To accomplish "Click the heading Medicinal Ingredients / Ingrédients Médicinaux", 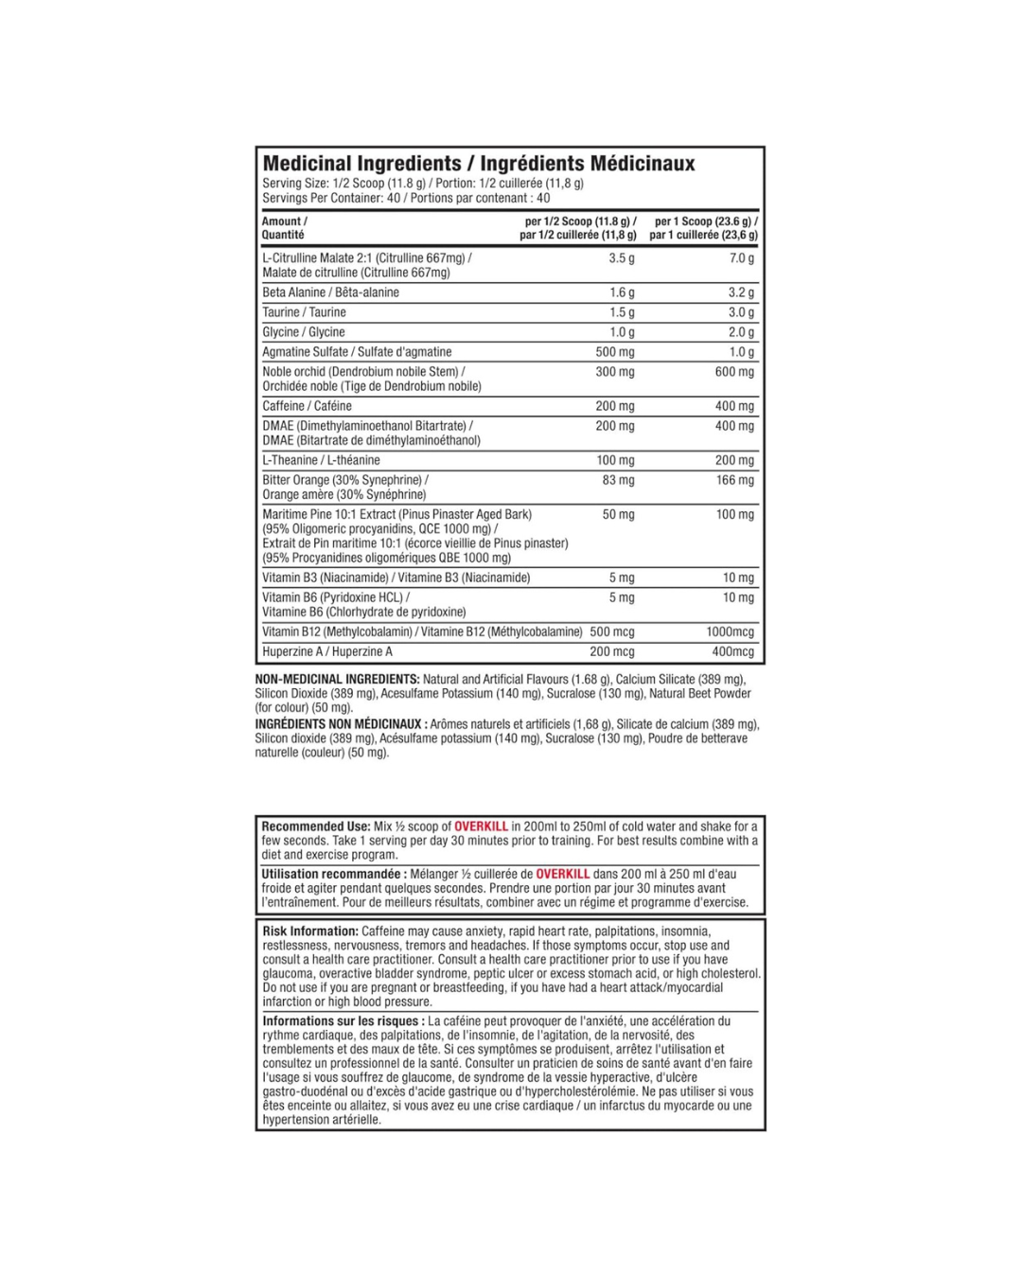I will click(x=478, y=164).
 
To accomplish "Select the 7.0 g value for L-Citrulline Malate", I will click(x=741, y=258).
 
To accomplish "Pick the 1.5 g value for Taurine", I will click(x=622, y=312).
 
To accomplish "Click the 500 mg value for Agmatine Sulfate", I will click(x=615, y=352).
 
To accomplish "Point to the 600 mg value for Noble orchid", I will click(x=734, y=372).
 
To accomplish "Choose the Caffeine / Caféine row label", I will click(x=307, y=406).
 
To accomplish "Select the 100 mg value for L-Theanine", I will click(x=615, y=460).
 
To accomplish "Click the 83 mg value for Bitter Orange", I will click(x=618, y=480).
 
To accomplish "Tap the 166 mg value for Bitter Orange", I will click(x=734, y=480).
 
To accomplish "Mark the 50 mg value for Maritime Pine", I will click(x=618, y=515).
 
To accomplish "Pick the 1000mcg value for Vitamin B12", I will click(x=730, y=631).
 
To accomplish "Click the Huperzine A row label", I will click(x=326, y=651).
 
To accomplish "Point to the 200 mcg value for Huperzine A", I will click(x=612, y=651).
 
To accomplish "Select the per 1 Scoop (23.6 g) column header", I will click(x=704, y=228).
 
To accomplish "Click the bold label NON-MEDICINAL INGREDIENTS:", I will click(x=337, y=680).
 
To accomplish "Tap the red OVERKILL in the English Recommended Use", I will click(x=481, y=826).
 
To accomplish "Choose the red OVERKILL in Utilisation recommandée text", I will click(x=562, y=874).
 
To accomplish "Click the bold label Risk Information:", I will click(x=310, y=932).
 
